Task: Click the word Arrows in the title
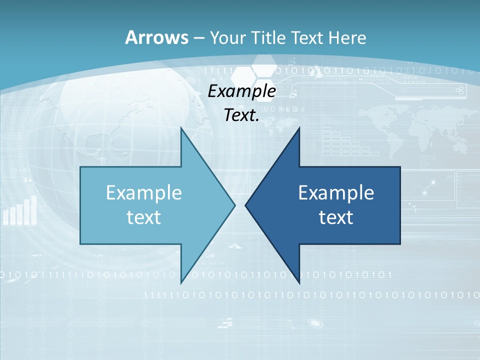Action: (156, 37)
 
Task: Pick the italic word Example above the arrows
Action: (241, 91)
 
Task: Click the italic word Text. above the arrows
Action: (241, 115)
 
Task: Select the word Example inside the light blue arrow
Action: (144, 192)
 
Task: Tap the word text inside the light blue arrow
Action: (144, 217)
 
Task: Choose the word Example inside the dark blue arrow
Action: (336, 192)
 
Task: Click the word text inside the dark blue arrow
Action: (336, 217)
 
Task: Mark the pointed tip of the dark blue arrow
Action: (246, 205)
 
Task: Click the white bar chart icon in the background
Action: (20, 211)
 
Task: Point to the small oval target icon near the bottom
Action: (314, 322)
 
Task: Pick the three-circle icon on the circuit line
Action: (459, 90)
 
